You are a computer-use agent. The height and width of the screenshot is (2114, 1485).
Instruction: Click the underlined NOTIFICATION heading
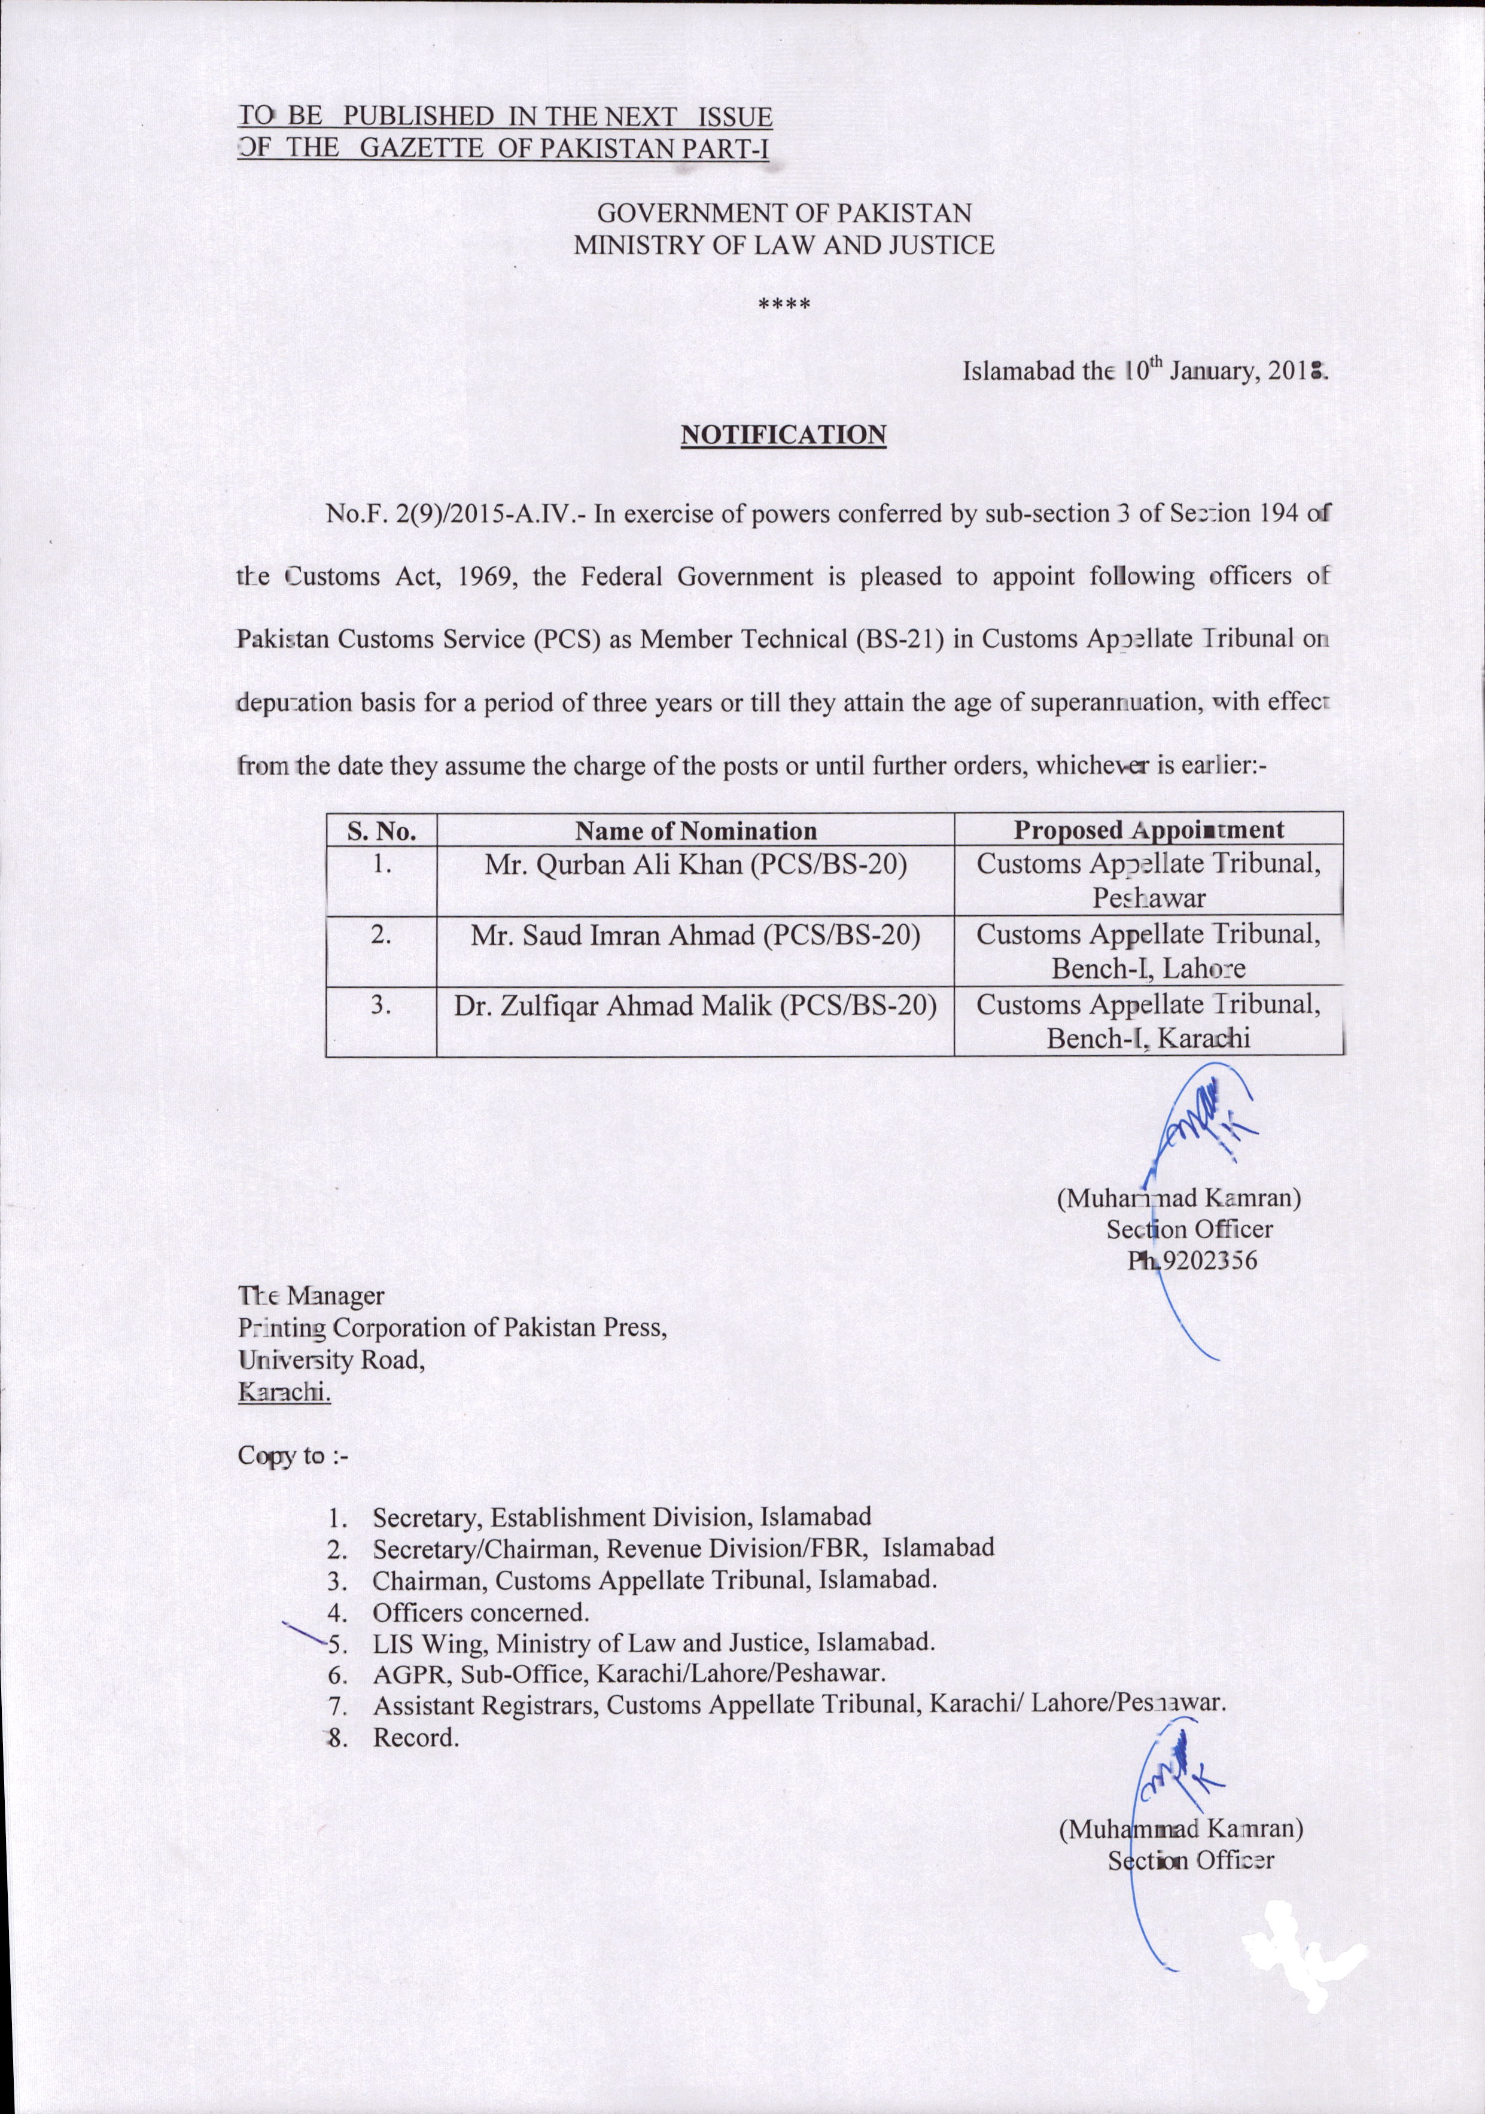(783, 435)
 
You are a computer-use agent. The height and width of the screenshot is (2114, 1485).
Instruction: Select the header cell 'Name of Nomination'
(695, 830)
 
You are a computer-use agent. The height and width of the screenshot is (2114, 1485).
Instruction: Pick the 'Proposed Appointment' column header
(1148, 830)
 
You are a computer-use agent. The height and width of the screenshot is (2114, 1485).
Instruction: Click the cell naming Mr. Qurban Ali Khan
(695, 866)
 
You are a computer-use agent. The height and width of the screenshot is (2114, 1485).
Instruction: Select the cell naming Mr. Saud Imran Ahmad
(695, 936)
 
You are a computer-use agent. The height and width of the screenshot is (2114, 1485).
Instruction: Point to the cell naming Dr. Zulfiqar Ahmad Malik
(695, 1006)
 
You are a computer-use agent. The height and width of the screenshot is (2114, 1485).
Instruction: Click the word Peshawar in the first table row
(1148, 898)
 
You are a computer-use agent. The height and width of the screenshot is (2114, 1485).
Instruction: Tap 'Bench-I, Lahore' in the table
(1148, 968)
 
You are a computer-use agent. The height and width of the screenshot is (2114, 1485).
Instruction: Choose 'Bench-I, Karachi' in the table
(1148, 1038)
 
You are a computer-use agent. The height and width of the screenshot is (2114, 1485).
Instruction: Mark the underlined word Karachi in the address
(284, 1392)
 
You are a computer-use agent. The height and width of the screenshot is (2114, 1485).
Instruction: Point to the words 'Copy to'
(282, 1455)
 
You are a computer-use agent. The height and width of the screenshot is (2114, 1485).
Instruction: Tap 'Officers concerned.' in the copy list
(480, 1612)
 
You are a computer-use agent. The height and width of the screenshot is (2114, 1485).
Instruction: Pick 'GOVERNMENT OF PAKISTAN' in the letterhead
(783, 214)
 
